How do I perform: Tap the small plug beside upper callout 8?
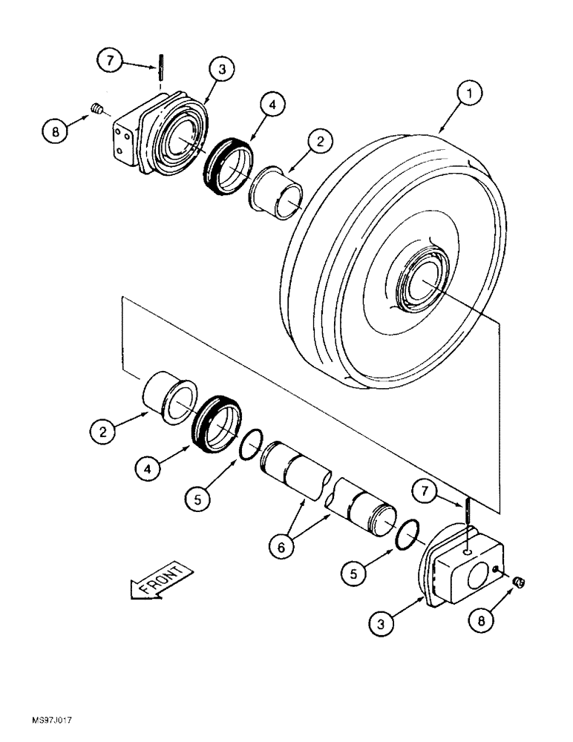tap(95, 109)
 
